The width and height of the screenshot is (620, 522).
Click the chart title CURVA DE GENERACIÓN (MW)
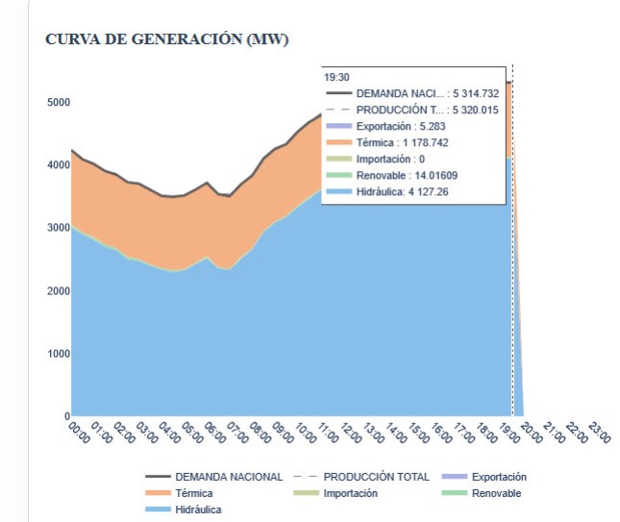[x=167, y=39]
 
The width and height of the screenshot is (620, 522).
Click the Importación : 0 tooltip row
[x=390, y=159]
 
